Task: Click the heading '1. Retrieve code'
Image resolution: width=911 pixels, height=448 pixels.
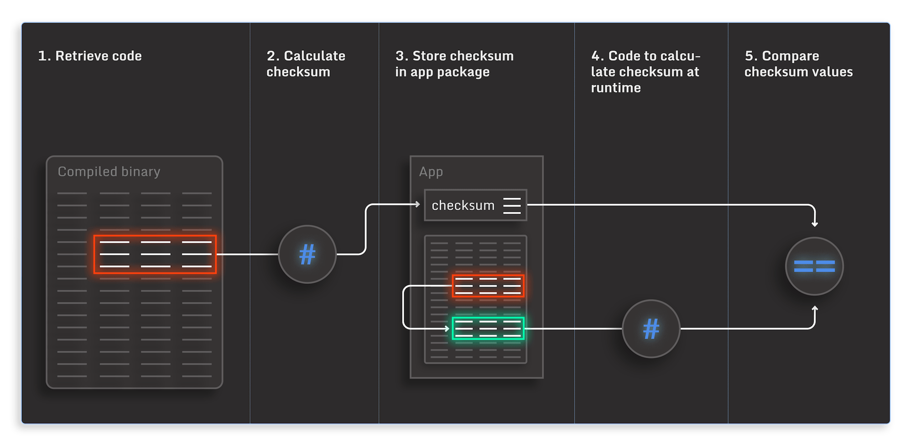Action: coord(90,56)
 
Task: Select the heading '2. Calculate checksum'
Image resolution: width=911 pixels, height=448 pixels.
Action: coord(306,64)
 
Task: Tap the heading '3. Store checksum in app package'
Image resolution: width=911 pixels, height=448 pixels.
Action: coord(454,64)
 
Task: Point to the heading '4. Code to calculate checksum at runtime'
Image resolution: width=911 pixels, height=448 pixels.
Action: coord(645,72)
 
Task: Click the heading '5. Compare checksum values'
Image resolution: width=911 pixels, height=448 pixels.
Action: coord(798,64)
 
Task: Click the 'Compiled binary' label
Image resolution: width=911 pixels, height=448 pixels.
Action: coord(109,172)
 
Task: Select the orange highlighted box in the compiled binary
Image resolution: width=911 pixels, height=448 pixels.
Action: coord(155,255)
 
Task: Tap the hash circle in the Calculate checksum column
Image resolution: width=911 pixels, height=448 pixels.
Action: coord(307,255)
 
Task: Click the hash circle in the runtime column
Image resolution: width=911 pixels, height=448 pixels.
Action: coord(651,329)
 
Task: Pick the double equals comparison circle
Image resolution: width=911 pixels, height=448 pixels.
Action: coord(814,266)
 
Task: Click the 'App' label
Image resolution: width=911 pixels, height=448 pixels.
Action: coord(431,172)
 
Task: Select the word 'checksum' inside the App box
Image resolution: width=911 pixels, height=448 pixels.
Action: coord(463,206)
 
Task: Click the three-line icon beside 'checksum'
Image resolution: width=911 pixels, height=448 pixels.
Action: coord(512,206)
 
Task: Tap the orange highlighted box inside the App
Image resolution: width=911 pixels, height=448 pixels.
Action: coord(488,286)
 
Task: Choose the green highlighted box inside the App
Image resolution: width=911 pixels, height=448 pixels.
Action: coord(488,328)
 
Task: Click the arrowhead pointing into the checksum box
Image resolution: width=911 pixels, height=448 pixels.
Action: coord(417,204)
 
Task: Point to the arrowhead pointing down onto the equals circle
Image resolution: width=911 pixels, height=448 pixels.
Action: coord(815,224)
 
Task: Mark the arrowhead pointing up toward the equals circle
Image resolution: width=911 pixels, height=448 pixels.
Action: coord(815,309)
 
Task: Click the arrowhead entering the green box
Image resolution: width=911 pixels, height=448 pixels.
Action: coord(447,328)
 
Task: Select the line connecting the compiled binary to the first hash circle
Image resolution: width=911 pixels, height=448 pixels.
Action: coord(247,255)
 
